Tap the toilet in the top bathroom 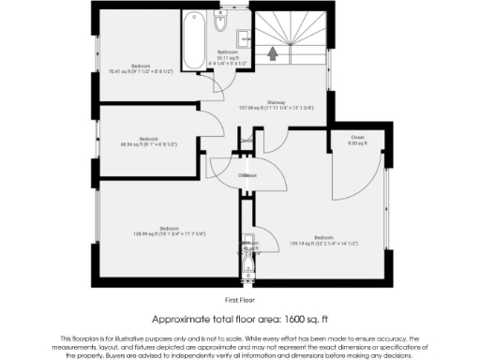[x=218, y=22]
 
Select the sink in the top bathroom [x=242, y=37]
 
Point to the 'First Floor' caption [x=240, y=300]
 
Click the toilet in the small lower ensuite [x=247, y=266]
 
